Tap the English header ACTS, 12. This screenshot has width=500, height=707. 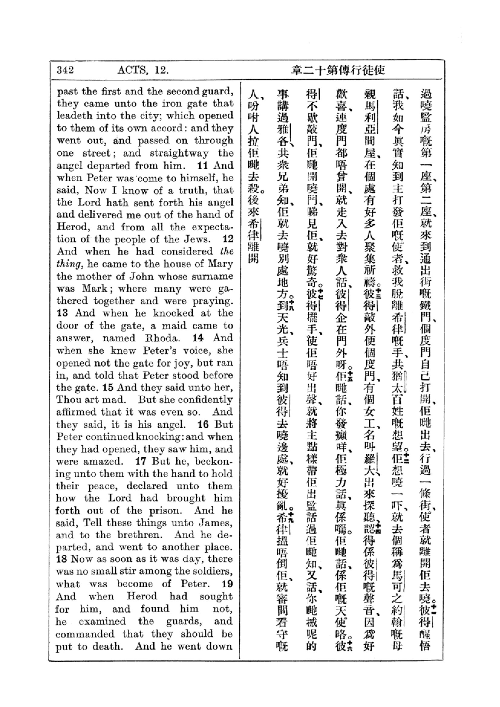[x=143, y=70]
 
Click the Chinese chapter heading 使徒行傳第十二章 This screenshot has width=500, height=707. [x=338, y=70]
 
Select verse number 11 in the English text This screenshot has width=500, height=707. [x=202, y=165]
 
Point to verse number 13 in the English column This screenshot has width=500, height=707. [x=62, y=313]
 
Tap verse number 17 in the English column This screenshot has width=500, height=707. [x=140, y=461]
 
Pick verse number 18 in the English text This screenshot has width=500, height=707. [x=62, y=559]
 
